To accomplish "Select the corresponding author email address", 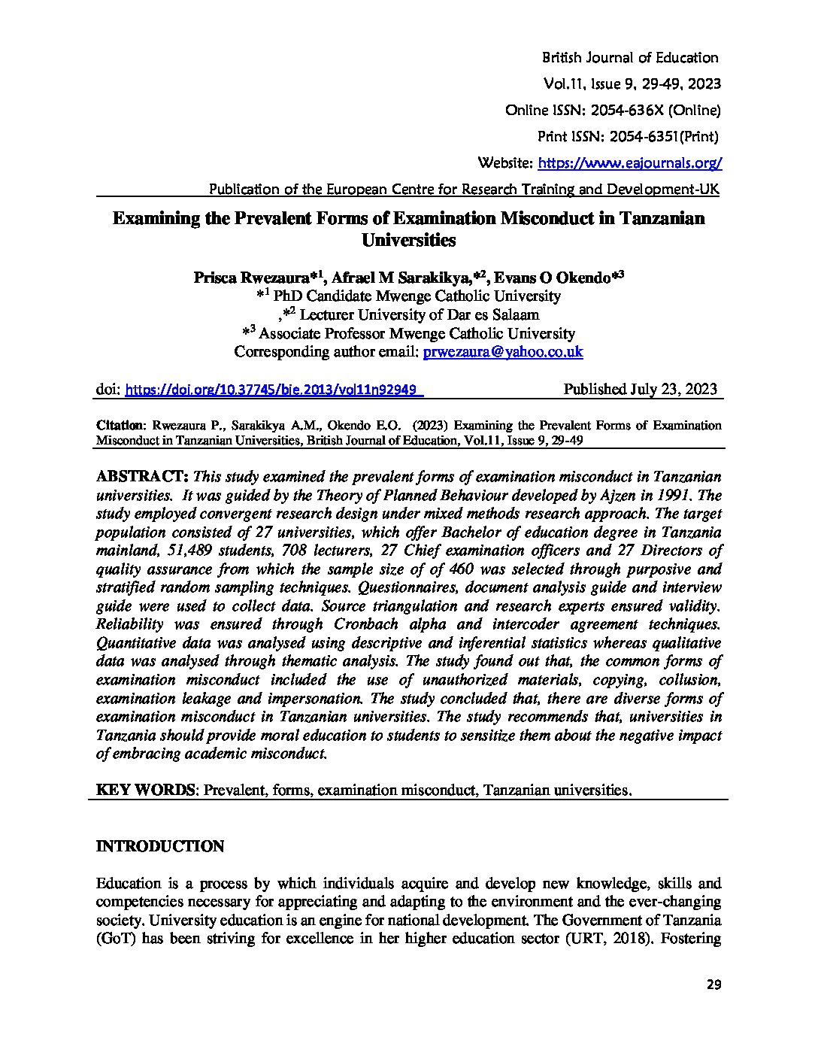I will [x=503, y=352].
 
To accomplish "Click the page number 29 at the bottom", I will [x=713, y=986].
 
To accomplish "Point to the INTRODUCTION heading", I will [x=160, y=847].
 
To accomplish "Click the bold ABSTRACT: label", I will [x=142, y=478].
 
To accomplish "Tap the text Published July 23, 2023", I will [x=640, y=390].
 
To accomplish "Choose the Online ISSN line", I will [x=613, y=111].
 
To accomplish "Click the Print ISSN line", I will [x=627, y=137].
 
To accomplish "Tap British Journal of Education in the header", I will [x=630, y=58].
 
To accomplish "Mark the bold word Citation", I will [x=120, y=426].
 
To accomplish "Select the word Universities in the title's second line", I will [x=409, y=241].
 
